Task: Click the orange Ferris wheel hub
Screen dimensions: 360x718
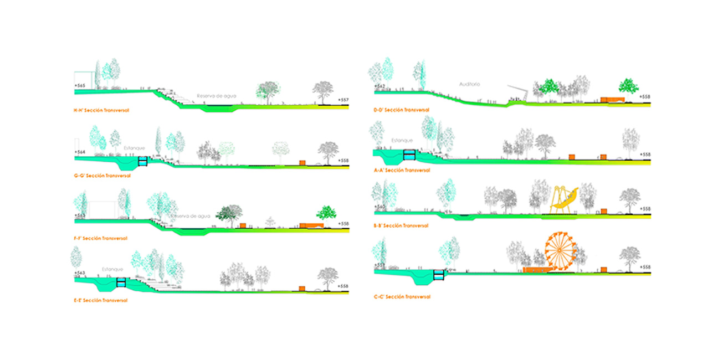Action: (560, 249)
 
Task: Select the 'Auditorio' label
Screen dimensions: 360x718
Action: (469, 85)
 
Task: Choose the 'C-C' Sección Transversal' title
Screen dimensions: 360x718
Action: (402, 297)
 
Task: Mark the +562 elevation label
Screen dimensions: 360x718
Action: (379, 86)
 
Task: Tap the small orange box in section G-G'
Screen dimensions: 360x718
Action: (302, 162)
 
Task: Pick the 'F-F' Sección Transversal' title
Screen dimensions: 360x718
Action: (101, 238)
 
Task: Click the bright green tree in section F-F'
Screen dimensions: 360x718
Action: (326, 213)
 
